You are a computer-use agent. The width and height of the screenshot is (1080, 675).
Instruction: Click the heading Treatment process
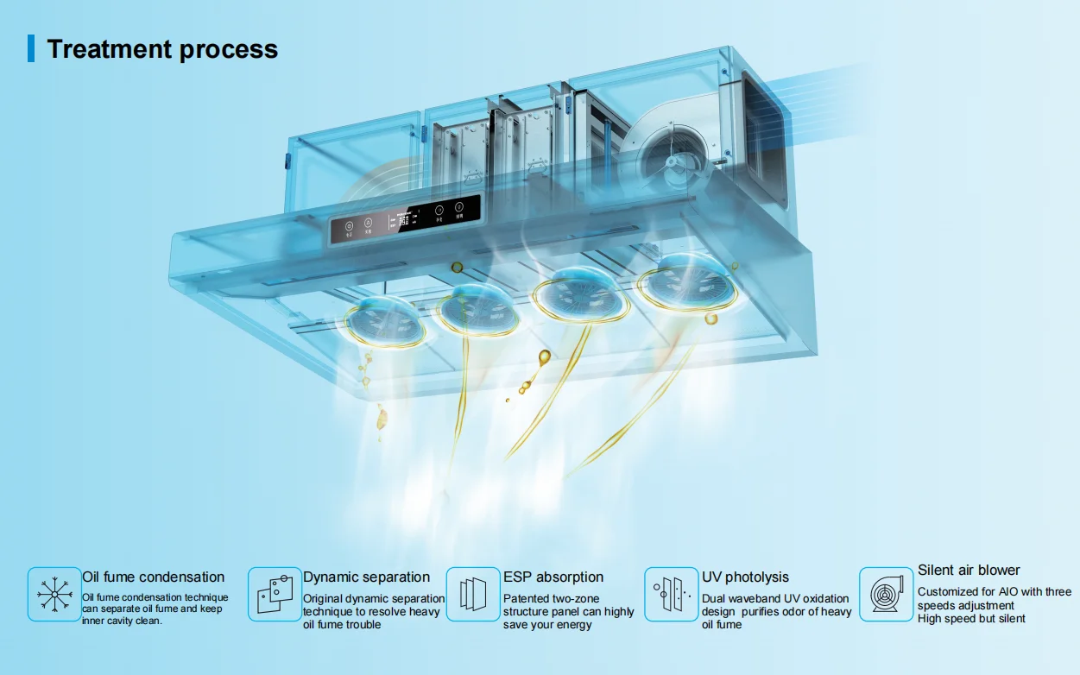[x=162, y=48]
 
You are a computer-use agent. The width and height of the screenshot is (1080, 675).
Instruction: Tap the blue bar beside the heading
[x=31, y=48]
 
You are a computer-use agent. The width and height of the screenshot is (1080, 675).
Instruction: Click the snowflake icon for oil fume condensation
[x=54, y=594]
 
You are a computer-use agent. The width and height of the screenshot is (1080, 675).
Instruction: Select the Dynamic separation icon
[x=275, y=594]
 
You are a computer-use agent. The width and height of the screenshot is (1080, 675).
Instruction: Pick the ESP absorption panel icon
[x=473, y=594]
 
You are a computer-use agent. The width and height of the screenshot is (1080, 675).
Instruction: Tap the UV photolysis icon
[x=672, y=594]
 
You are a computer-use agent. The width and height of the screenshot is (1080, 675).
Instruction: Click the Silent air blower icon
[x=886, y=594]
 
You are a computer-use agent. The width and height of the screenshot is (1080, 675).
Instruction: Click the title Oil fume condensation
[x=153, y=577]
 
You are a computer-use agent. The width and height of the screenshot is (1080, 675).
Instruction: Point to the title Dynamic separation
[x=366, y=577]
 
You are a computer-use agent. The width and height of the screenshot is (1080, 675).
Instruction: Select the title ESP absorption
[x=553, y=577]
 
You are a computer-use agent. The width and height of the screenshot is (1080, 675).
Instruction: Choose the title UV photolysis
[x=745, y=577]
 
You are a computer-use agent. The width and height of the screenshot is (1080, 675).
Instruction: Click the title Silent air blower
[x=969, y=571]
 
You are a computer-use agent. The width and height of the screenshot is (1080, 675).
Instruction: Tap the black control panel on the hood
[x=405, y=221]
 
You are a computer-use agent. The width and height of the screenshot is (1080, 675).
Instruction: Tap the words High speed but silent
[x=971, y=619]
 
